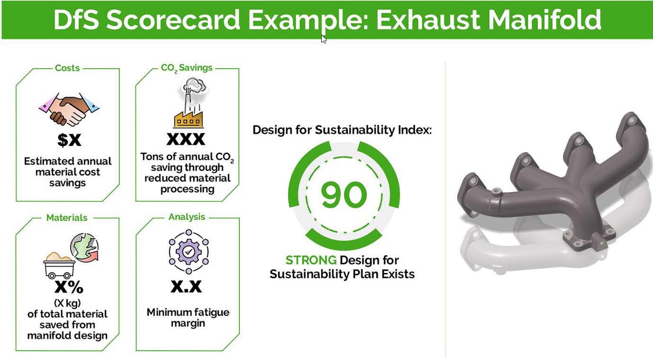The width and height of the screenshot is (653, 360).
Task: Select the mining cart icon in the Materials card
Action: coord(59,266)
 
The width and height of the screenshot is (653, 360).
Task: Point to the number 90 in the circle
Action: coord(344,194)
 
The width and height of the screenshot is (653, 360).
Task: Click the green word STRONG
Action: coord(311,260)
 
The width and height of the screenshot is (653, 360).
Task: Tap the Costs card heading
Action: coord(67,68)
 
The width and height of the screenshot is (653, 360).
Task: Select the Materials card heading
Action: coord(67,218)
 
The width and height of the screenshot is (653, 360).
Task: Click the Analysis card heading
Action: coord(187,217)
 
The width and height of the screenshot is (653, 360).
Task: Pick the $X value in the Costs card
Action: coord(69,140)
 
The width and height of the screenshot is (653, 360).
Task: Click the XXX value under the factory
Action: coord(186,139)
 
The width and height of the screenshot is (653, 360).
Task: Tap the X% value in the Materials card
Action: coord(69,287)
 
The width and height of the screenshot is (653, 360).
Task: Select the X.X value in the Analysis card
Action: coord(186,287)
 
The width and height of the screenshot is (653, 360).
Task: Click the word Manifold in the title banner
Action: coord(544,19)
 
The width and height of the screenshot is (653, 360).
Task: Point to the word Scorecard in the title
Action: coord(173,19)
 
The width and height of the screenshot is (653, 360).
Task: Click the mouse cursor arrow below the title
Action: coord(324,39)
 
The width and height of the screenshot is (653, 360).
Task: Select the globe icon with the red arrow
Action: coord(84,247)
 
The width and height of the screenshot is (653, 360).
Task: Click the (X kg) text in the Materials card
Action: coord(67,304)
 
